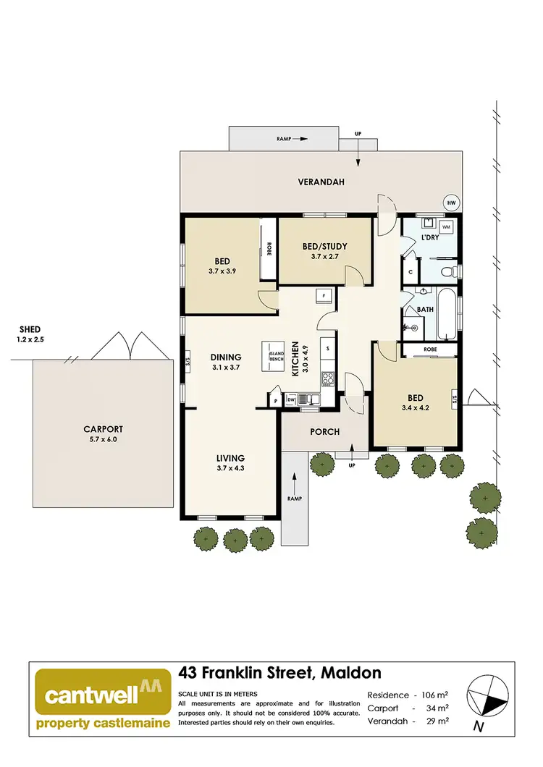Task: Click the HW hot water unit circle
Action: (x=453, y=203)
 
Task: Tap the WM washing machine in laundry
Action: (x=446, y=227)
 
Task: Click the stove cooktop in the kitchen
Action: (x=327, y=377)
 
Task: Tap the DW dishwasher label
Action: (x=291, y=399)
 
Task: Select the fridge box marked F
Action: (x=324, y=295)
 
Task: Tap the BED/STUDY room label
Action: (x=324, y=247)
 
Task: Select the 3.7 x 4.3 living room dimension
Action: (x=230, y=469)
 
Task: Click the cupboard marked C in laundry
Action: (x=411, y=272)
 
